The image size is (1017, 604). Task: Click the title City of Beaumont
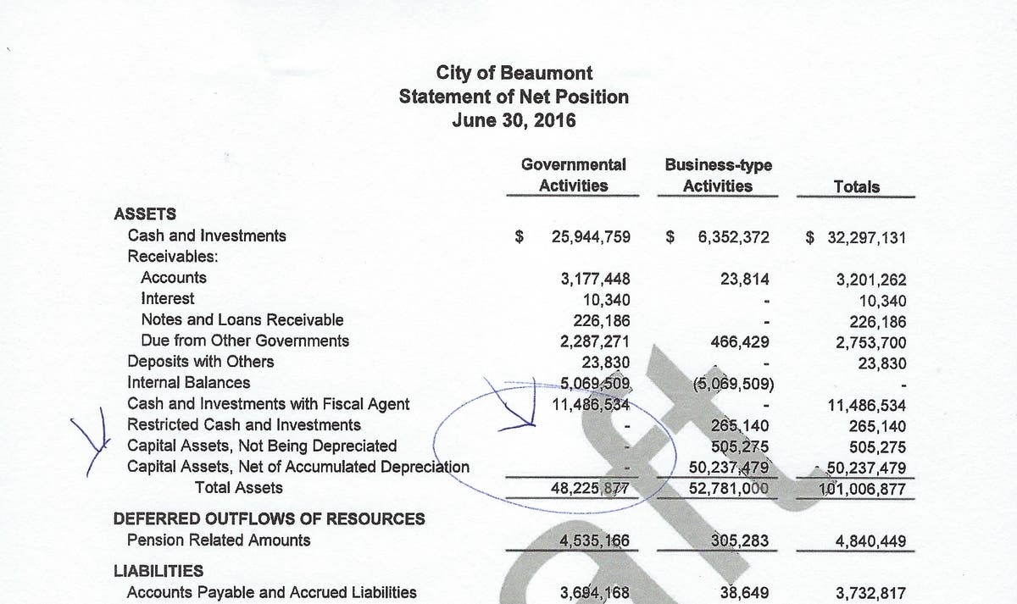tap(514, 73)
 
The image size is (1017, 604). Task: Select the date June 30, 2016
tap(514, 120)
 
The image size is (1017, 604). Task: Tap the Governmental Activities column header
tap(574, 175)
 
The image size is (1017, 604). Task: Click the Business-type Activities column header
tap(718, 175)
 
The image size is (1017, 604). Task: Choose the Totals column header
tap(856, 186)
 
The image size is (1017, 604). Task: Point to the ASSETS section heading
tap(145, 215)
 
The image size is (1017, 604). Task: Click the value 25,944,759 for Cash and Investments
tap(591, 237)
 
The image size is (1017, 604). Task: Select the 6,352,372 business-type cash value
tap(733, 237)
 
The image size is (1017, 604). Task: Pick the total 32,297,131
tap(866, 237)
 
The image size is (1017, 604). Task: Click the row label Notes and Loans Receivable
tap(242, 320)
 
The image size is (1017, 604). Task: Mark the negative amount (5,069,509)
tap(731, 383)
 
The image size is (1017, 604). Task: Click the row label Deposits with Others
tap(200, 362)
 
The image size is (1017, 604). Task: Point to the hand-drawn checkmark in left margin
tap(96, 441)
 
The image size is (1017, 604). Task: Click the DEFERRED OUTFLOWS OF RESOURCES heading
tap(270, 518)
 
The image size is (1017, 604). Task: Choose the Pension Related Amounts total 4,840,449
tap(870, 540)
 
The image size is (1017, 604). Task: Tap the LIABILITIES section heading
tap(158, 571)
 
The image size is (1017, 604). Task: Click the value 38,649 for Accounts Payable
tap(744, 592)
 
